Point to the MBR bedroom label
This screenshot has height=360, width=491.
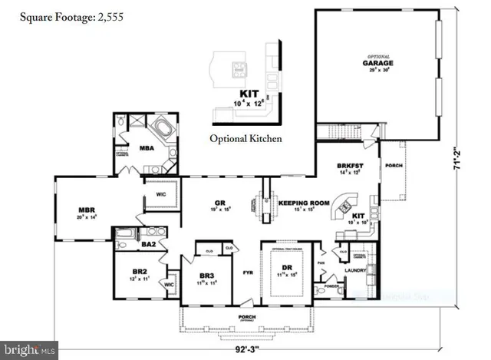[86, 208]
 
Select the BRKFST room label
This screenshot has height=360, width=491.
[350, 166]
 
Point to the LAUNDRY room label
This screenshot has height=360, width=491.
[354, 270]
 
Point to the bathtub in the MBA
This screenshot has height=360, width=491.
[163, 126]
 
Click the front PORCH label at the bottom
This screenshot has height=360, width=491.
[246, 316]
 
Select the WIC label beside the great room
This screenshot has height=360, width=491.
[161, 194]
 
